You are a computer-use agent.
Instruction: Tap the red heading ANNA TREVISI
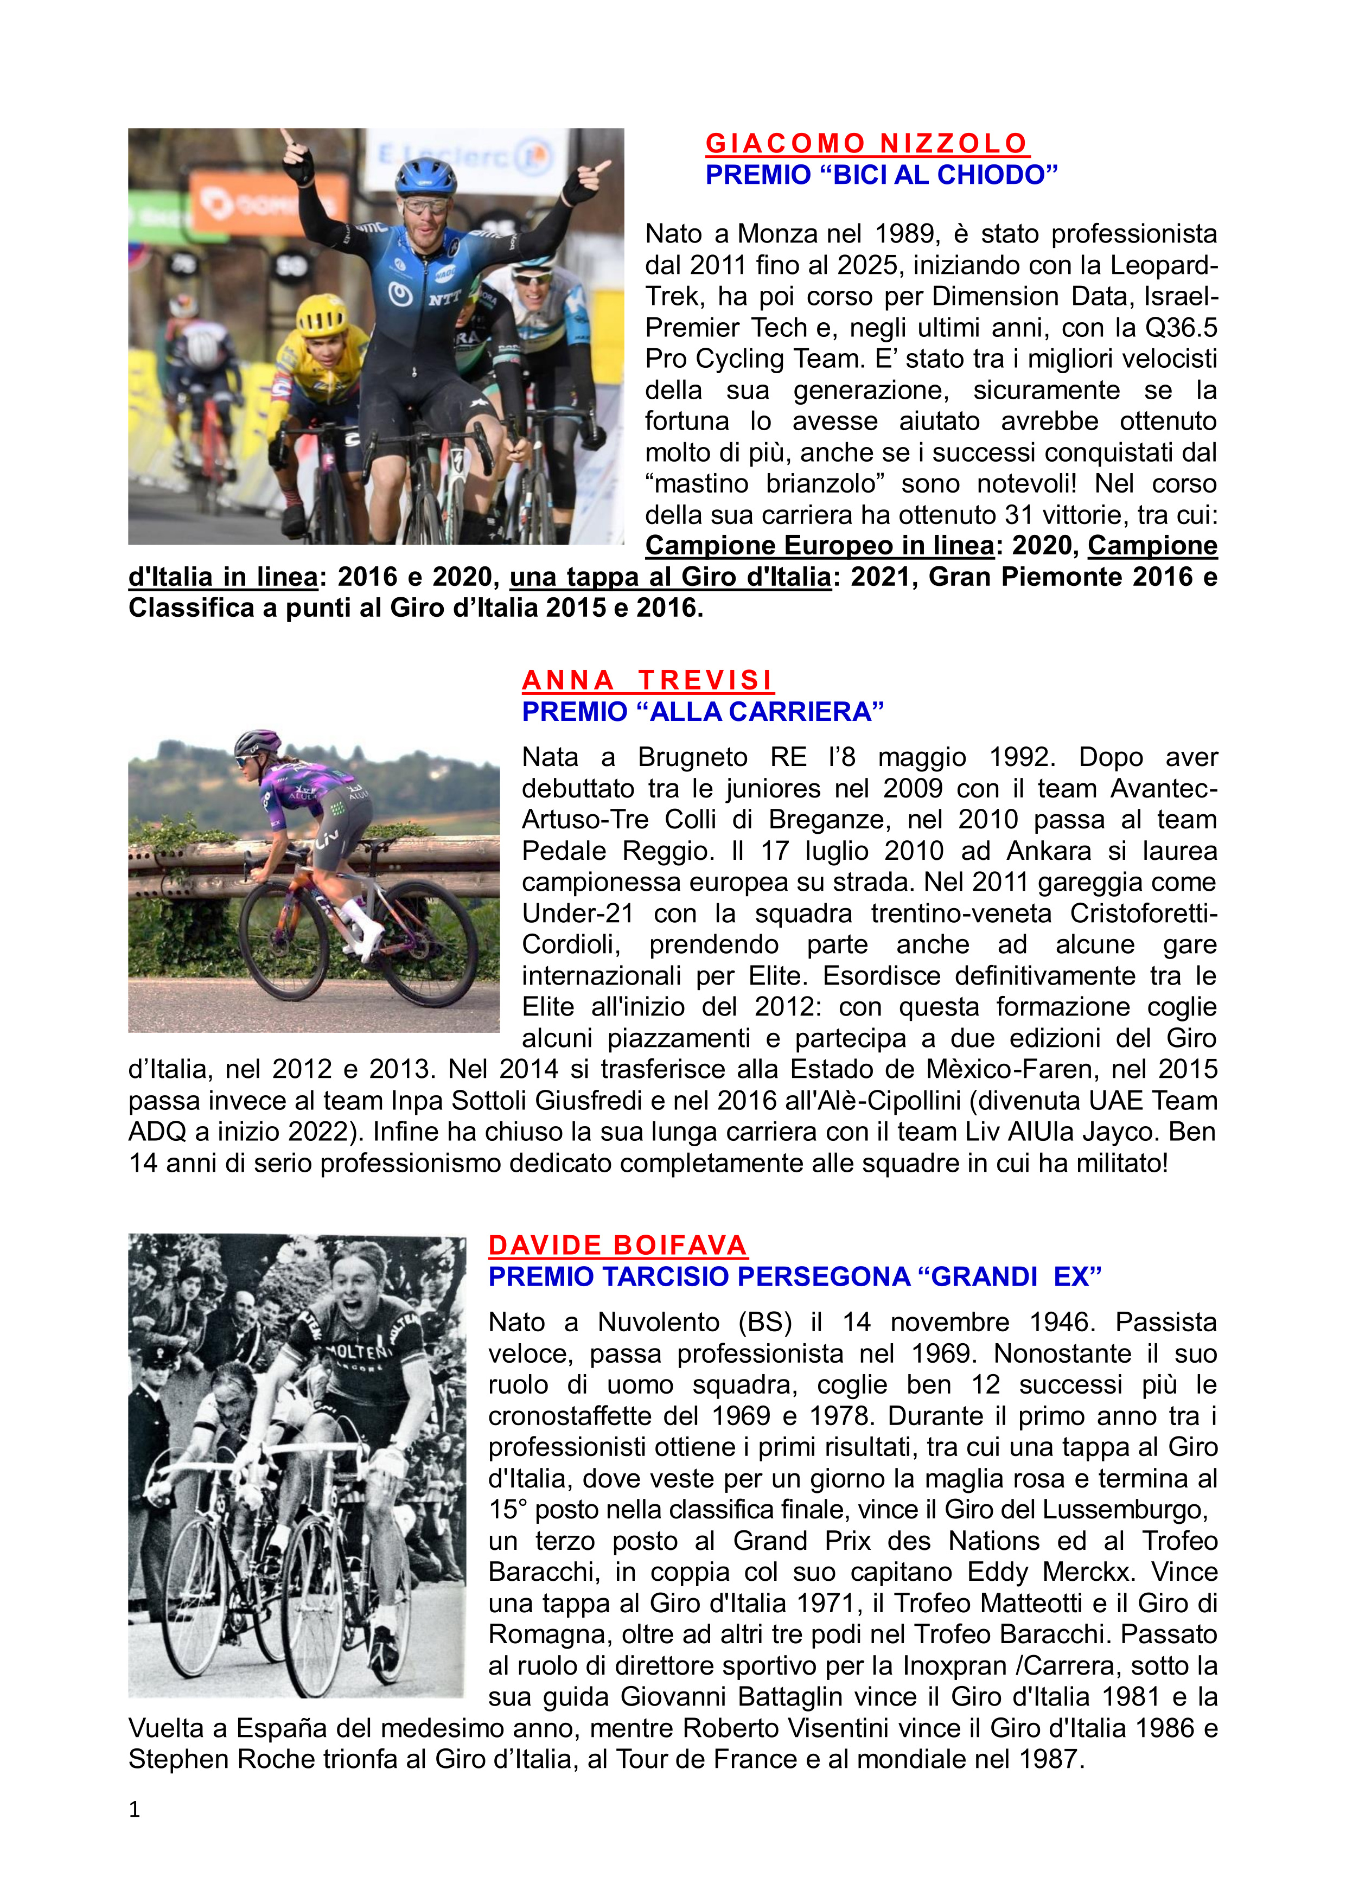point(647,680)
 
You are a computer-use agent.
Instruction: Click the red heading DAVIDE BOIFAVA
point(617,1245)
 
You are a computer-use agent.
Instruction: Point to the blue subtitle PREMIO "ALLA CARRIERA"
point(703,711)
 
